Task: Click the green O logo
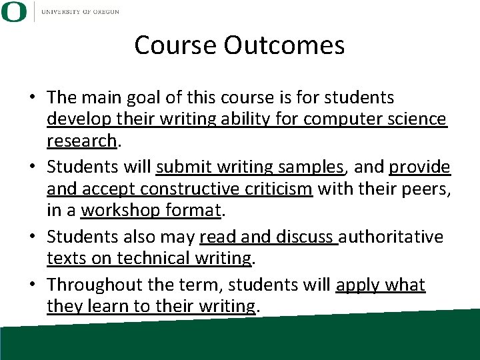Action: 13,12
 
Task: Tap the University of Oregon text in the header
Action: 80,12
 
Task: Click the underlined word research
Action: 82,141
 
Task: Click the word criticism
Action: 280,189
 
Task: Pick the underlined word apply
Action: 359,285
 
